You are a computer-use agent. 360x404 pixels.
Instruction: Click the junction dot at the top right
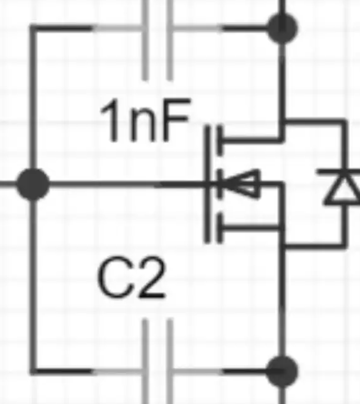pyautogui.click(x=282, y=28)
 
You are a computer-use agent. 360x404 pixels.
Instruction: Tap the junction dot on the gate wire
pyautogui.click(x=33, y=184)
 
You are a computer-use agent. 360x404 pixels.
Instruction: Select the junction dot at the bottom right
pyautogui.click(x=282, y=371)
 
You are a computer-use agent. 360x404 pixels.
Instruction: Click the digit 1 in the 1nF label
pyautogui.click(x=110, y=121)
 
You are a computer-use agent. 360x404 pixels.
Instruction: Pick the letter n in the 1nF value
pyautogui.click(x=143, y=126)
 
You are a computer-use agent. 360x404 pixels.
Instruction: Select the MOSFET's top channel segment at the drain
pyautogui.click(x=220, y=140)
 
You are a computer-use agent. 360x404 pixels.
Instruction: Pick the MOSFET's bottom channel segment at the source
pyautogui.click(x=220, y=228)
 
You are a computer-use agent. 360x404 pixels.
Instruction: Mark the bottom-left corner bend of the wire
pyautogui.click(x=33, y=371)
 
